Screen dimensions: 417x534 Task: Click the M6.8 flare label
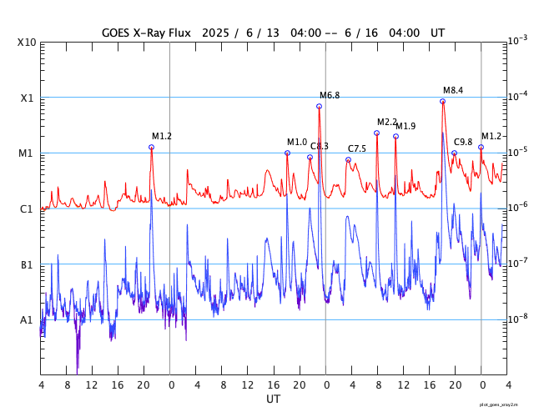point(330,96)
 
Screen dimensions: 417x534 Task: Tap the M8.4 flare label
point(453,90)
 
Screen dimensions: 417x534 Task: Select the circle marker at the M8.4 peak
point(442,101)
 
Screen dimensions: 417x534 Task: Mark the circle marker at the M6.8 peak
point(320,106)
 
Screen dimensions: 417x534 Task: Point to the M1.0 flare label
point(297,142)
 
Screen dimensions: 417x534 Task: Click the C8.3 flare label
point(320,146)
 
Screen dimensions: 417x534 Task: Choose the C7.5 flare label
point(357,148)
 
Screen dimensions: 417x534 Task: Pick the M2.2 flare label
point(387,123)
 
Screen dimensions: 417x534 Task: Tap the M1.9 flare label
point(406,126)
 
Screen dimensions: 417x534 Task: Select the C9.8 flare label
point(463,142)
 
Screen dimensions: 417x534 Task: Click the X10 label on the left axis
point(27,42)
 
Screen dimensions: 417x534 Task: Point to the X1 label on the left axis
point(27,98)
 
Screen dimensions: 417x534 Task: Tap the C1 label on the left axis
point(27,208)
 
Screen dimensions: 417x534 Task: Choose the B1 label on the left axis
point(27,264)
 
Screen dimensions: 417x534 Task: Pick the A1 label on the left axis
point(27,320)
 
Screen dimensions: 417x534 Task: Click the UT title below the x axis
point(274,399)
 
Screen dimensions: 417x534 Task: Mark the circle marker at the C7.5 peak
point(348,159)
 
